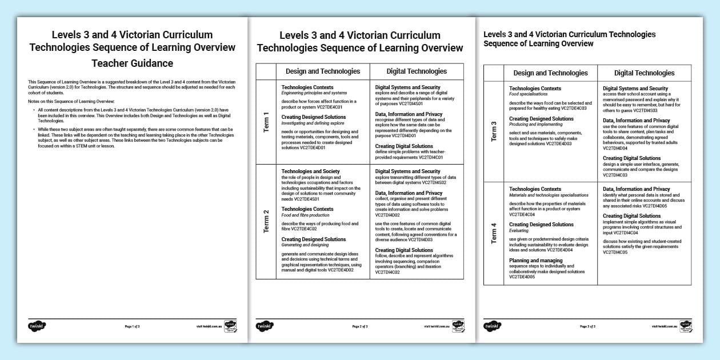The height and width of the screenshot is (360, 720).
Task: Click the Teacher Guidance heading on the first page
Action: tap(132, 63)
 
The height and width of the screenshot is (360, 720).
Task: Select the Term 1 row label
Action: tap(266, 122)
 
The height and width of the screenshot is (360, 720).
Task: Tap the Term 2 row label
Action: tap(266, 221)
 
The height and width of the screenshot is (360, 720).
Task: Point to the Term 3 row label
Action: tap(494, 131)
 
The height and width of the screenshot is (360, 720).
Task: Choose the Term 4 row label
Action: tap(494, 233)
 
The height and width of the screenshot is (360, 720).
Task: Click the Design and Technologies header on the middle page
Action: tap(323, 71)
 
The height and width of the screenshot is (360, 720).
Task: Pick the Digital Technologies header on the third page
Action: tap(644, 73)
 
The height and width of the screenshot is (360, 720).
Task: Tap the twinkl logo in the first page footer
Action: tap(37, 326)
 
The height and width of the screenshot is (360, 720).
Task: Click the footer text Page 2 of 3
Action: tap(360, 327)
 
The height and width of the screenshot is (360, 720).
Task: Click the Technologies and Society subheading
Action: tap(310, 171)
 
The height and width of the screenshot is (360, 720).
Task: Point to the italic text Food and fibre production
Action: tap(305, 215)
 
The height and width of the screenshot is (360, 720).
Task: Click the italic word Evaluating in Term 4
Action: tap(519, 231)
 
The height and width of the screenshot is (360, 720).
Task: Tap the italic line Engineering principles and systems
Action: tap(314, 93)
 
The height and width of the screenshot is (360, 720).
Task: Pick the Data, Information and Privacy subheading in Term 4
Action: tap(637, 189)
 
